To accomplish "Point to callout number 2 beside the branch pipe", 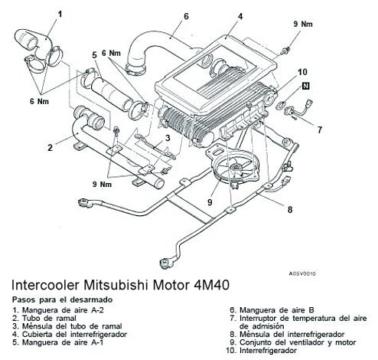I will pos(49,147).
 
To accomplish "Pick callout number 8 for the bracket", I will pos(289,208).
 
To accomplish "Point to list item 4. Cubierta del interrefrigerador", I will pos(69,335).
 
